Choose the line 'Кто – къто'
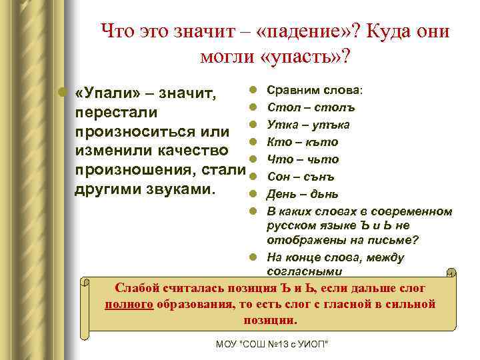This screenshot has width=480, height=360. [x=302, y=141]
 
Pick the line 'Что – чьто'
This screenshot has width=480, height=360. [x=303, y=159]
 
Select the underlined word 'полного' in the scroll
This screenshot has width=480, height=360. [x=129, y=304]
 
